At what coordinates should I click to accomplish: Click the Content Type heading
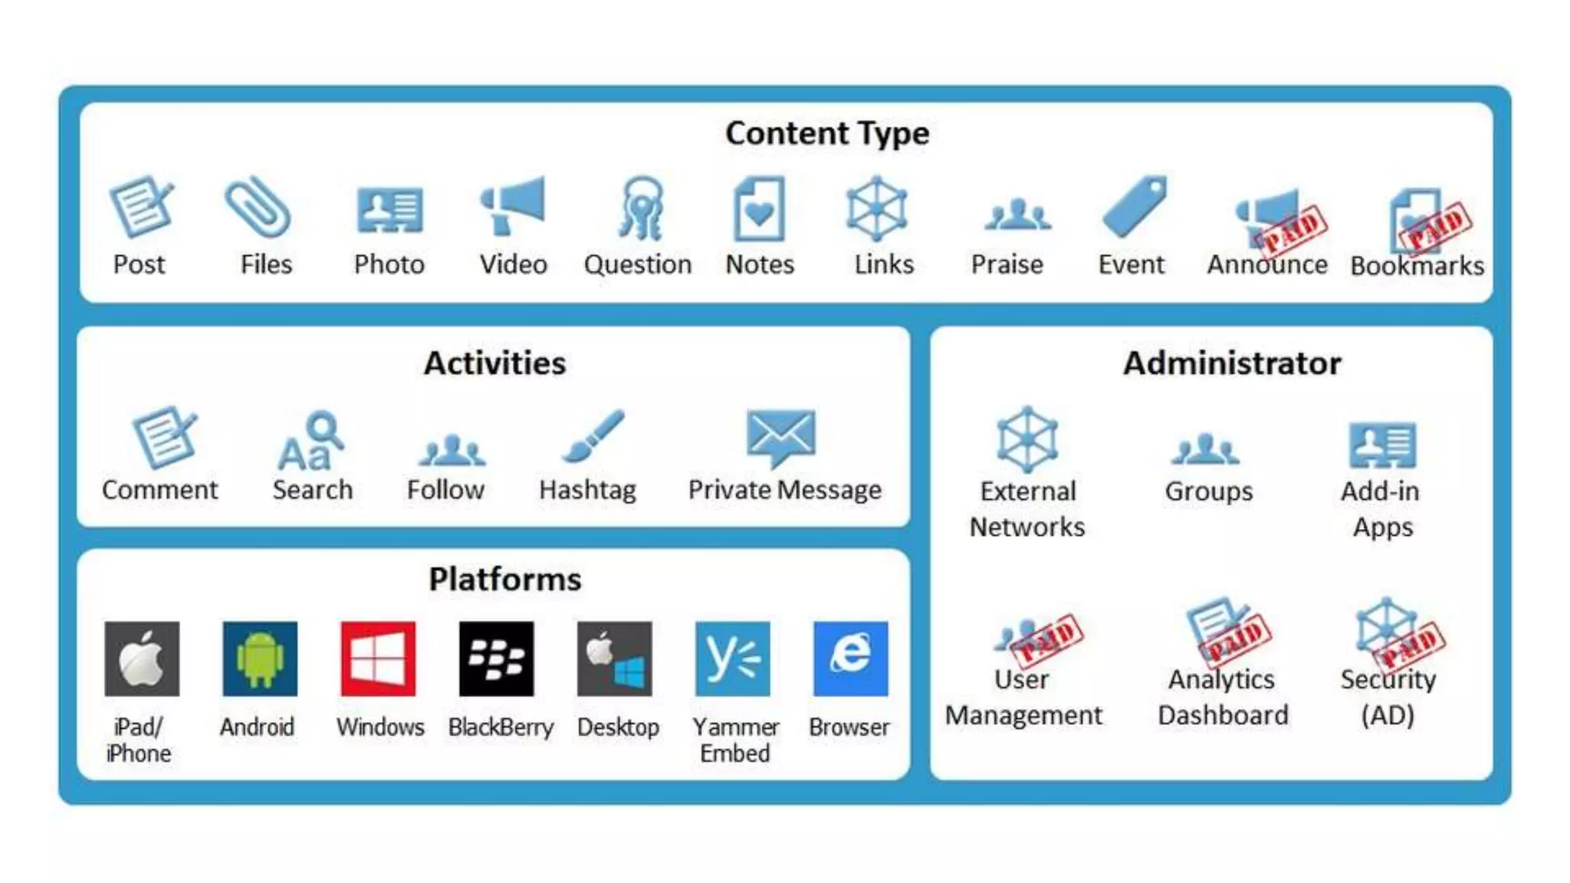pyautogui.click(x=827, y=133)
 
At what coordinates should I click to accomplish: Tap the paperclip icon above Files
pyautogui.click(x=258, y=206)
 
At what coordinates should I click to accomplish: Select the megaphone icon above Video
pyautogui.click(x=512, y=205)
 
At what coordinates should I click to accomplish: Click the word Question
pyautogui.click(x=637, y=264)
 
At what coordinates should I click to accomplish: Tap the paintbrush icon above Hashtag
pyautogui.click(x=593, y=436)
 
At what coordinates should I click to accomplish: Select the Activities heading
pyautogui.click(x=494, y=363)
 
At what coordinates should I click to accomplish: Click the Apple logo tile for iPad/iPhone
pyautogui.click(x=142, y=659)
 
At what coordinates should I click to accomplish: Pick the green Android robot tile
pyautogui.click(x=260, y=659)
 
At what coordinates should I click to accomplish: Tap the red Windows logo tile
pyautogui.click(x=378, y=659)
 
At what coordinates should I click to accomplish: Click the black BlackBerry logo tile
pyautogui.click(x=496, y=659)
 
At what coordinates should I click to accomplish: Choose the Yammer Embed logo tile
pyautogui.click(x=732, y=659)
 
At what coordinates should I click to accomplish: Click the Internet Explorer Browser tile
pyautogui.click(x=850, y=659)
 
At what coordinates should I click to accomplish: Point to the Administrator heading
pyautogui.click(x=1232, y=363)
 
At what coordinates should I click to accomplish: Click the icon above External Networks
pyautogui.click(x=1027, y=439)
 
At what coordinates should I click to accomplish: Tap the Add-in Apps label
pyautogui.click(x=1381, y=509)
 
